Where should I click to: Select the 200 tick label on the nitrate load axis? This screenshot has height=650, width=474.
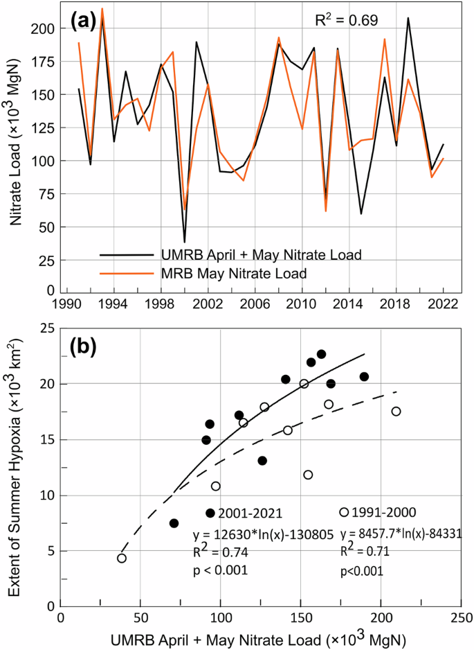pyautogui.click(x=45, y=28)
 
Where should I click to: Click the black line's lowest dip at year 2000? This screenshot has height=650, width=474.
pyautogui.click(x=185, y=242)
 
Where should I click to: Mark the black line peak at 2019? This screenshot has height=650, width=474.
pyautogui.click(x=408, y=18)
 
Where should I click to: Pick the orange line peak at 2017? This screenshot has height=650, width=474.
pyautogui.click(x=385, y=39)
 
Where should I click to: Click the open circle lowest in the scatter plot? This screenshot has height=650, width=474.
pyautogui.click(x=122, y=559)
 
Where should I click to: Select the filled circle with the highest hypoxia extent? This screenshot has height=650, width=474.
pyautogui.click(x=321, y=355)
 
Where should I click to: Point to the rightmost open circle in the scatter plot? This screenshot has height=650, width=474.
pyautogui.click(x=396, y=411)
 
